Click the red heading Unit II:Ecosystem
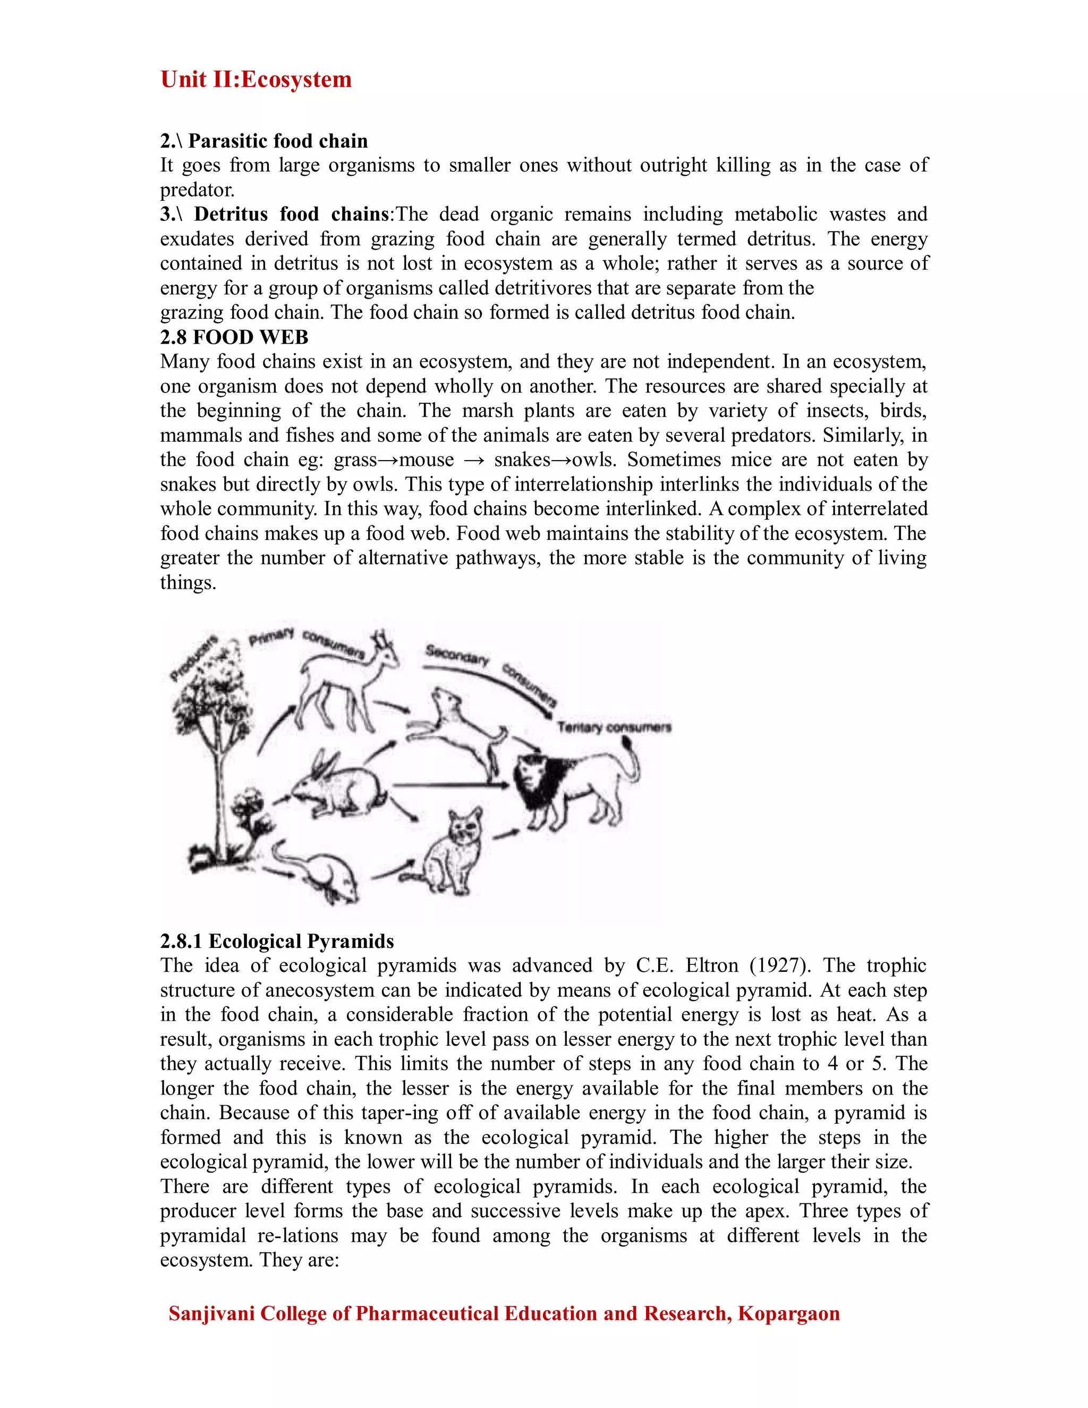point(256,79)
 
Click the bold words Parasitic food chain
point(278,141)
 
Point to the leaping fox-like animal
point(461,728)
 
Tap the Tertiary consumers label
point(614,727)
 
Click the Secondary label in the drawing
point(457,655)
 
